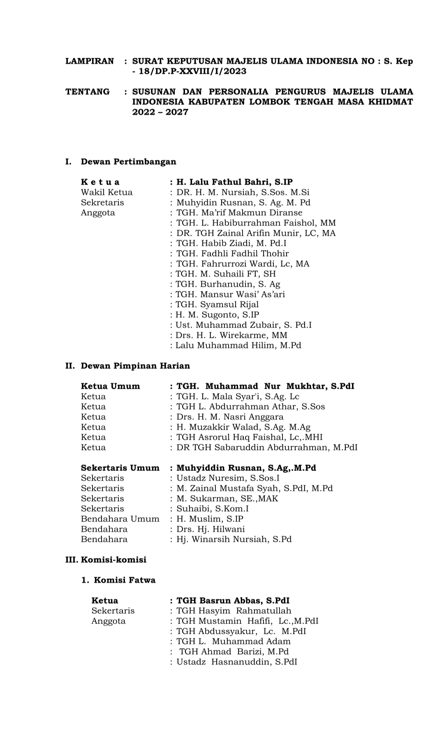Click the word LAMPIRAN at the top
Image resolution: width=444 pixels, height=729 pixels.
(90, 61)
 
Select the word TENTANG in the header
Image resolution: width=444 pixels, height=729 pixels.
(88, 92)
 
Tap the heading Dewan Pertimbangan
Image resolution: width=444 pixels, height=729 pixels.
(128, 161)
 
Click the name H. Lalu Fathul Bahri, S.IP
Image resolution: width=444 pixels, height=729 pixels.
(234, 182)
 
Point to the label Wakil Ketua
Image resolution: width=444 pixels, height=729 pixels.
(106, 192)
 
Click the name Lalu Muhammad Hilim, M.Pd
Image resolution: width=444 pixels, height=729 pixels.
(238, 345)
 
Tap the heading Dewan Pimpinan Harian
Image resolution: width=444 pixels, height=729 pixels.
(135, 366)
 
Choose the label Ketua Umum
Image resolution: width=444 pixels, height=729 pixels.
(110, 386)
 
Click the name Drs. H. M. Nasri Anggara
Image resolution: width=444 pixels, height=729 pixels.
(229, 417)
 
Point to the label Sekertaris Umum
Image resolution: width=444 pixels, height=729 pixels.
(120, 468)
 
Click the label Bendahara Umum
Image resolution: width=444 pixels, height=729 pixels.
(120, 519)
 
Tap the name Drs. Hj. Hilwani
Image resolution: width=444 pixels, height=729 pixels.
(210, 529)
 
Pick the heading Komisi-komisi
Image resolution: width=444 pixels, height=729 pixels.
(113, 559)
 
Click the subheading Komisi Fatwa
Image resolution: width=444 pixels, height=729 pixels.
(125, 580)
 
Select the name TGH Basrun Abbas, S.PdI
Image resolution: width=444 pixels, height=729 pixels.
(233, 601)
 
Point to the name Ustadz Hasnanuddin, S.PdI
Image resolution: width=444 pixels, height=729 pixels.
(236, 662)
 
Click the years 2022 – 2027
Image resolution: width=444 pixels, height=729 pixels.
(160, 112)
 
